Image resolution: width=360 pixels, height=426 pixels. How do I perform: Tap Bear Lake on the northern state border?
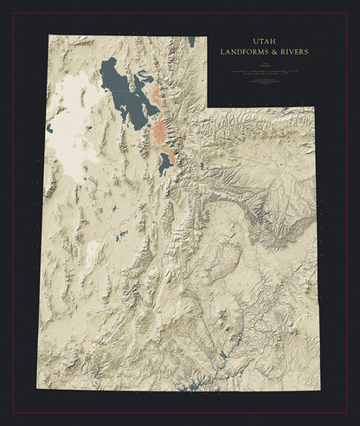tap(190, 41)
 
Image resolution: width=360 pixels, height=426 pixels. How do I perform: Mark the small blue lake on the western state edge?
tap(50, 128)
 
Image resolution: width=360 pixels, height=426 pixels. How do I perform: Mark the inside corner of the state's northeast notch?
tap(207, 107)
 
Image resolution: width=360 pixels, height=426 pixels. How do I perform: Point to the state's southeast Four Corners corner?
tap(315, 390)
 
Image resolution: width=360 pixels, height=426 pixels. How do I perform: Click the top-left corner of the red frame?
tap(12, 13)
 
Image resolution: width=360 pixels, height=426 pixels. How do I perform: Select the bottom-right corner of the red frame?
tap(348, 412)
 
